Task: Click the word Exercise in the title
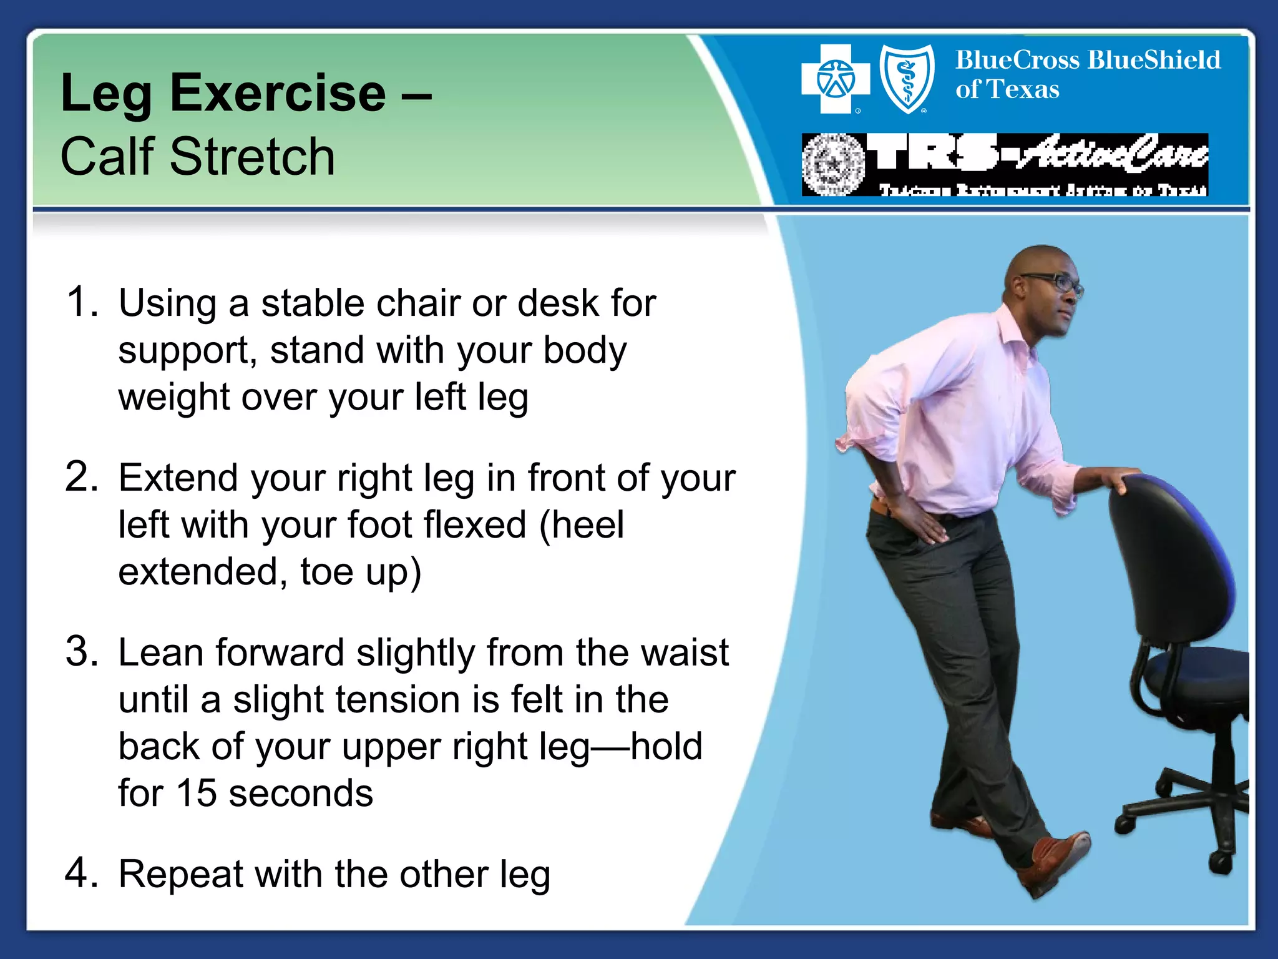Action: tap(278, 94)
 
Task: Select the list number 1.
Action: tap(81, 302)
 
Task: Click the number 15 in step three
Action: tap(196, 794)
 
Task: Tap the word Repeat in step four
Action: tap(180, 874)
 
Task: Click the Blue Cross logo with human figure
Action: tap(835, 79)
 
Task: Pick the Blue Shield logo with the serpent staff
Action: tap(907, 79)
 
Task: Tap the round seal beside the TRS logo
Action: tap(832, 165)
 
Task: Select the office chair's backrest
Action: tap(1167, 562)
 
